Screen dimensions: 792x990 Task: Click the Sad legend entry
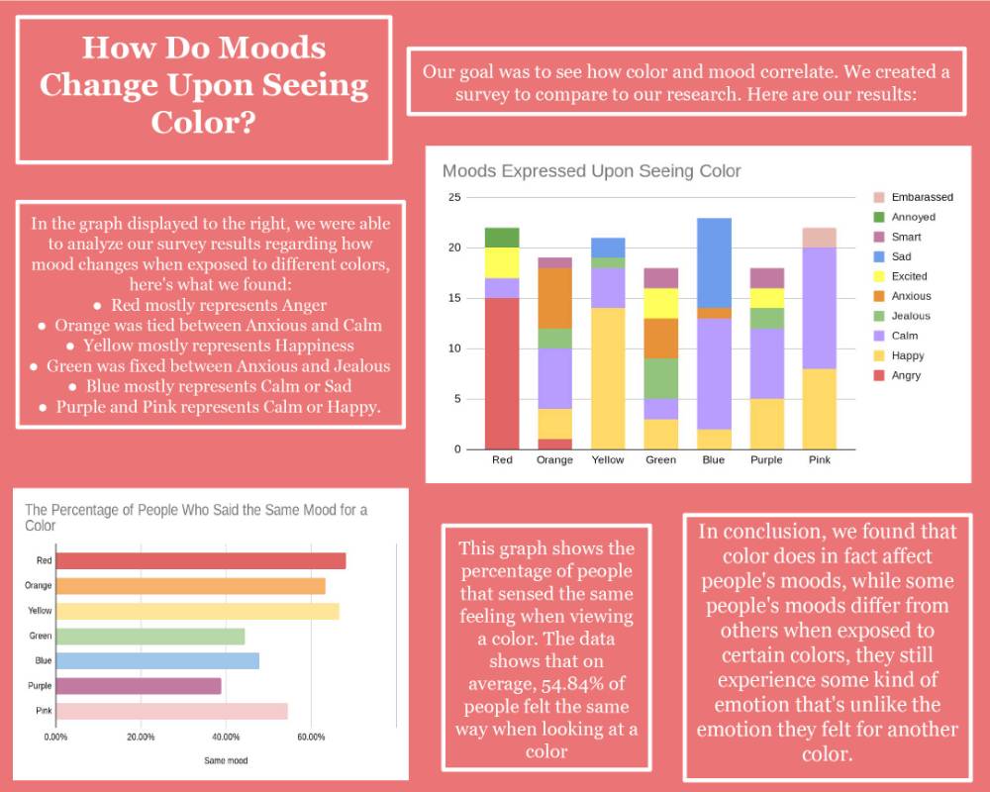point(905,256)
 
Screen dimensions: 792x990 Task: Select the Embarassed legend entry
point(921,197)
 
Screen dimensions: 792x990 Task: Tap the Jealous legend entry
point(910,316)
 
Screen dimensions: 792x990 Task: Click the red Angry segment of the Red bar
point(502,373)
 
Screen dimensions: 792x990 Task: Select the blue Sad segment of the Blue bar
point(714,262)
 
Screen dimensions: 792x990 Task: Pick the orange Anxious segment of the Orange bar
point(554,298)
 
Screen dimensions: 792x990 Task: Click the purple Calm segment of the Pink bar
point(820,308)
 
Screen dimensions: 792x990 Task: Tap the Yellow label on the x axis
point(608,459)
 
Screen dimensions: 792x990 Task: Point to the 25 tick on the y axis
point(454,197)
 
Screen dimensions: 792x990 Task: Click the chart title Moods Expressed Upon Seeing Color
point(591,171)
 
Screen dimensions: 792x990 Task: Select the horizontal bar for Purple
point(139,685)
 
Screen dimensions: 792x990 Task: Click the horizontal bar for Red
point(200,561)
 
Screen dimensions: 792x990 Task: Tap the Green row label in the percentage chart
point(40,636)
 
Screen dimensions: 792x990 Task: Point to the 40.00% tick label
point(226,737)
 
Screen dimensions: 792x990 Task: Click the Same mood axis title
point(226,760)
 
